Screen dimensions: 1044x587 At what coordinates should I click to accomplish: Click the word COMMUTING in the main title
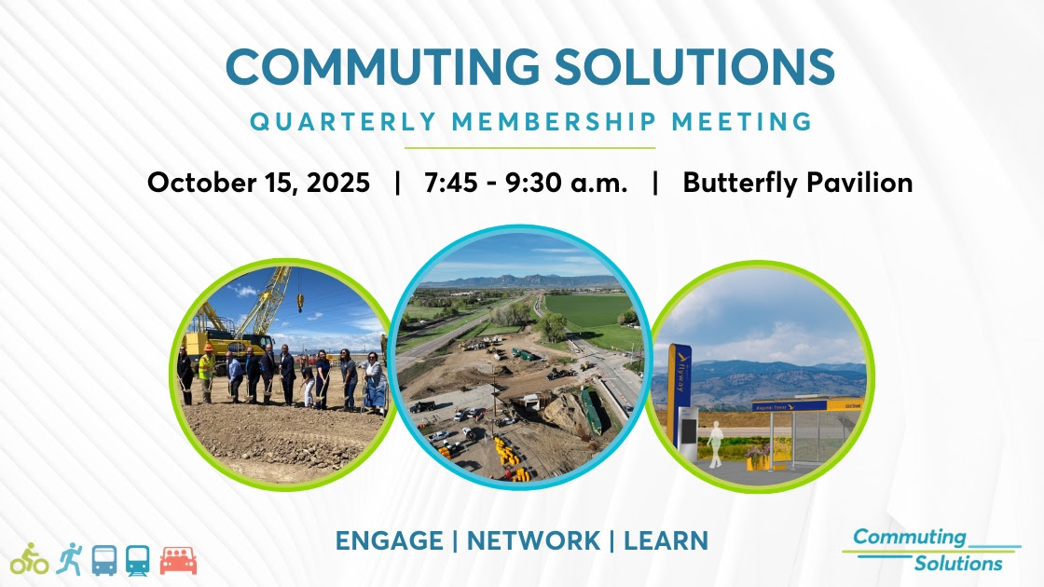coord(383,66)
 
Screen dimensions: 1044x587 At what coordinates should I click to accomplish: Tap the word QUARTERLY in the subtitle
coord(344,122)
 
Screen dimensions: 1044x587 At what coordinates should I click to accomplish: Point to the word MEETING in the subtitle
coord(742,122)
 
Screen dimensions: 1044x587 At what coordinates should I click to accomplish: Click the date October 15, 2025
coord(258,183)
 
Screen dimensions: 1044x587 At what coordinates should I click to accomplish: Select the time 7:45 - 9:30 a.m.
coord(526,183)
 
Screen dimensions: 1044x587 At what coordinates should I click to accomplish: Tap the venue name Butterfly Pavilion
coord(798,183)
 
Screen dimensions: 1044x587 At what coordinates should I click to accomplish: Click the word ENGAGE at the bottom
coord(390,540)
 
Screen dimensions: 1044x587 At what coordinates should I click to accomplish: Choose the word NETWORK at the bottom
coord(533,540)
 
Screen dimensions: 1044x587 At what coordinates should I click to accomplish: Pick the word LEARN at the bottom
coord(666,540)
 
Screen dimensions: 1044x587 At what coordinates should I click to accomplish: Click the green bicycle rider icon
coord(29,559)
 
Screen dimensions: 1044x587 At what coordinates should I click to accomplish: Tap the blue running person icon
coord(69,559)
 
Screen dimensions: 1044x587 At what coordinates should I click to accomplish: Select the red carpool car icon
coord(178,561)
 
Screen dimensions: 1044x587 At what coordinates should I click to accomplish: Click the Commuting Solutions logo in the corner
coord(931,551)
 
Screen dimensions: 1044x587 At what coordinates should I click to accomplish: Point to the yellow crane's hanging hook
coord(300,303)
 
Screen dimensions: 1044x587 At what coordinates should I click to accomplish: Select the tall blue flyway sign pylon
coord(680,397)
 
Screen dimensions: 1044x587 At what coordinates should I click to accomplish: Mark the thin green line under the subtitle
coord(530,148)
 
